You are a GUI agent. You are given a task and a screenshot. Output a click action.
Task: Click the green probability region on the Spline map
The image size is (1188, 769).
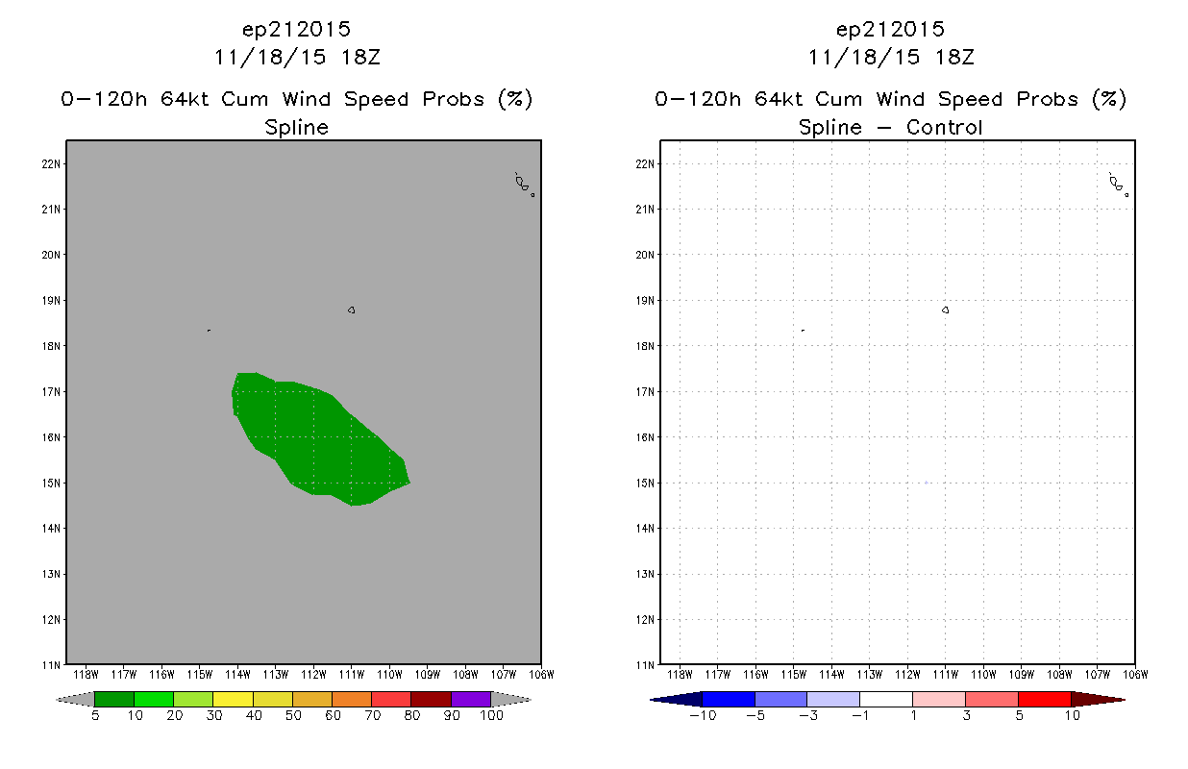click(318, 440)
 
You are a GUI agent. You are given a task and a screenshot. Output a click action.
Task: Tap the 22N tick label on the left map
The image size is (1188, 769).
click(52, 163)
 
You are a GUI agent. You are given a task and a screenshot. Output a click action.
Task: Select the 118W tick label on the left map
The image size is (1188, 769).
click(86, 675)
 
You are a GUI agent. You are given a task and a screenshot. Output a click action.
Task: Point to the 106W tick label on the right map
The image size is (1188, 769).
click(1135, 675)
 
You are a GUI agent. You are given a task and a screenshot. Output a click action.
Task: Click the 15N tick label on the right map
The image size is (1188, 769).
click(646, 484)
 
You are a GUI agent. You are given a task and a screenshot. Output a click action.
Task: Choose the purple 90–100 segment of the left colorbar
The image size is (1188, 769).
click(471, 699)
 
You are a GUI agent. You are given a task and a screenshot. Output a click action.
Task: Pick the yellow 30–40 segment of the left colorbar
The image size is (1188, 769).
click(233, 699)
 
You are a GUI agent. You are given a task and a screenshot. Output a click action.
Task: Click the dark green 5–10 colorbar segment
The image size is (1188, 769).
click(114, 699)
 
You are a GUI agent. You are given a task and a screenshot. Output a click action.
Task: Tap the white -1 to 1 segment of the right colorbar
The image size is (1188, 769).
click(885, 699)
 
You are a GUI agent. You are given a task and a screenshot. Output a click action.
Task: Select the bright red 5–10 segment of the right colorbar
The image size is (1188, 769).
click(1044, 699)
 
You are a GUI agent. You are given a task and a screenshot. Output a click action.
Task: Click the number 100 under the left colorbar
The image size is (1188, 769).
click(491, 715)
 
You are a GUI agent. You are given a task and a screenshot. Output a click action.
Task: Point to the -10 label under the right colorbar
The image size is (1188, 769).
click(703, 715)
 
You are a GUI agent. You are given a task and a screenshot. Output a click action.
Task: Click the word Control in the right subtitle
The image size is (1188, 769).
click(944, 127)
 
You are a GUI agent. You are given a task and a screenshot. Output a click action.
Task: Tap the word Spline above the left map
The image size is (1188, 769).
click(296, 128)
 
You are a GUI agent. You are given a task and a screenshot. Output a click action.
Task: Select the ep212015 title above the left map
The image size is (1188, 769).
click(296, 29)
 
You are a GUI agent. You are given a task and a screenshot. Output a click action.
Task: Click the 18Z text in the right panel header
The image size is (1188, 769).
click(954, 58)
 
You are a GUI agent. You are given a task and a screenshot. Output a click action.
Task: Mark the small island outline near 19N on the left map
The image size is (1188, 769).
click(351, 310)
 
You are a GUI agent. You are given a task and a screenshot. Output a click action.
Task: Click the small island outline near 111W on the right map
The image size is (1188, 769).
click(945, 310)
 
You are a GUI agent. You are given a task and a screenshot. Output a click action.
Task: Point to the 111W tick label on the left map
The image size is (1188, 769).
click(352, 675)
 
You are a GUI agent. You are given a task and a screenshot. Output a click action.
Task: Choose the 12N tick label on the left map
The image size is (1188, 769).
click(52, 619)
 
